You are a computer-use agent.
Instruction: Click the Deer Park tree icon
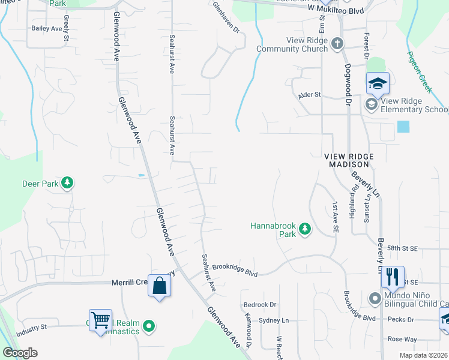(68, 182)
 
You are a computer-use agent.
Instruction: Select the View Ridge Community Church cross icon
(337, 43)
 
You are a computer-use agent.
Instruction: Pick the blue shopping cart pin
(100, 320)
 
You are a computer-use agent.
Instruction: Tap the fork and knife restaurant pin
(392, 277)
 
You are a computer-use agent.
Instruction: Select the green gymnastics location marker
(149, 327)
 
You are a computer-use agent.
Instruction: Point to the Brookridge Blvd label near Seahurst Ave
(235, 269)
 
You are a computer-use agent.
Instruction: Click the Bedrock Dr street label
(260, 305)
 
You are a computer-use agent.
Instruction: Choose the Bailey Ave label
(47, 28)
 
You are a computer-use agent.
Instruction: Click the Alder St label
(310, 95)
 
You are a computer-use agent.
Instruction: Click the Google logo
(20, 353)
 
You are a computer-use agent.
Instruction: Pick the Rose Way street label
(402, 340)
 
